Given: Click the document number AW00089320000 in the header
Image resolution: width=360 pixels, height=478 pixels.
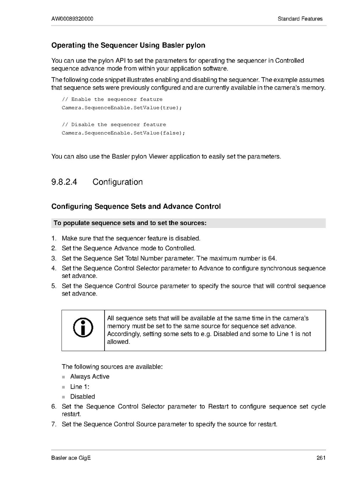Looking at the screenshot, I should pos(72,19).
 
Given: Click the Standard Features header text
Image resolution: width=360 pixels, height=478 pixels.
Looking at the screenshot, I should pos(300,19).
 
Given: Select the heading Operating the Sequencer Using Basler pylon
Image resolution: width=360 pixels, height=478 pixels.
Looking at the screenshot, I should pos(128,45).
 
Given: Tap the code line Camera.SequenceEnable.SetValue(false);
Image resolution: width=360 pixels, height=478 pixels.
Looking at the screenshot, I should pos(123,133).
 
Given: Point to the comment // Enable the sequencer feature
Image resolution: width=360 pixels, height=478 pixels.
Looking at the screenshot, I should pos(112,99).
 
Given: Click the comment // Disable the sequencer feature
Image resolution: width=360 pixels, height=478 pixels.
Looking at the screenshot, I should pos(114,125).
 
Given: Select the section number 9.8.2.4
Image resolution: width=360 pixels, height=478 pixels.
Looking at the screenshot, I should pos(64,182).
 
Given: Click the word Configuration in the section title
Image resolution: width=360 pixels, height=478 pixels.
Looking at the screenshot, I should pos(117,182).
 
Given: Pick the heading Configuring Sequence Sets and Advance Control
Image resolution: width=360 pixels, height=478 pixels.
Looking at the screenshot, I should pos(136,206).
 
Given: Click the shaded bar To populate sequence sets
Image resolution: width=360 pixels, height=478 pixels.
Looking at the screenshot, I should pos(188,223).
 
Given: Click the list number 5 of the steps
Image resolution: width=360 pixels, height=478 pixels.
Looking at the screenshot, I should pos(53,286).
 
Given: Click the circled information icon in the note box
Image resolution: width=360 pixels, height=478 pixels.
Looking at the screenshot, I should pos(83,328).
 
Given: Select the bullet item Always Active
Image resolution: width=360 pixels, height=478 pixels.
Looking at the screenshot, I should pos(89,377).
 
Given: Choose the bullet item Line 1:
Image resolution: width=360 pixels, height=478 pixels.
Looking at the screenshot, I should pos(80,387).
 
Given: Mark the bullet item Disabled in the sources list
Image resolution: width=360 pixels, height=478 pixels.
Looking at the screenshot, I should pos(83,397).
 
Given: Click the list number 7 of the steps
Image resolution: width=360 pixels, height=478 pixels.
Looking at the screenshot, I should pos(53,424).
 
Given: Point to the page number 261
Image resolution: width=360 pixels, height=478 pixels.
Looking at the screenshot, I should pos(321,458).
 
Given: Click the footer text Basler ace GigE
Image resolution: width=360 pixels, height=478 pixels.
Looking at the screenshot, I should pos(71,458).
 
